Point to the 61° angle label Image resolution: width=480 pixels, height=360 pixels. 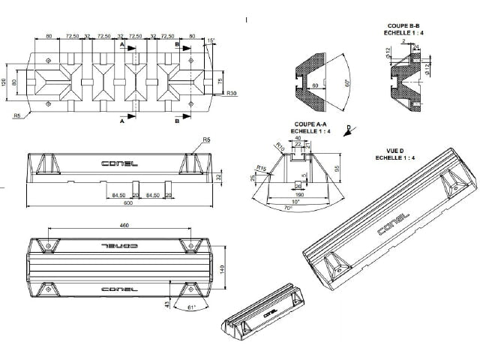pyautogui.click(x=192, y=307)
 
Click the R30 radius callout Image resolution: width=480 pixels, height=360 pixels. pyautogui.click(x=232, y=93)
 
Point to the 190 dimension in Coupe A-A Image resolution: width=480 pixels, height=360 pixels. pyautogui.click(x=300, y=193)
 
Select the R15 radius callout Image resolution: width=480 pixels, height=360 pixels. pyautogui.click(x=262, y=167)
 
